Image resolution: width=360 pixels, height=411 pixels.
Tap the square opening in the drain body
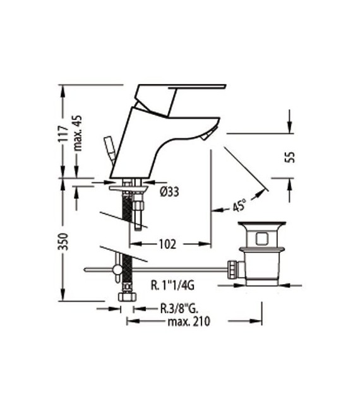[x=260, y=239]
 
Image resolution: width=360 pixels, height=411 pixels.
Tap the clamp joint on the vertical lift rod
[x=118, y=270]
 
